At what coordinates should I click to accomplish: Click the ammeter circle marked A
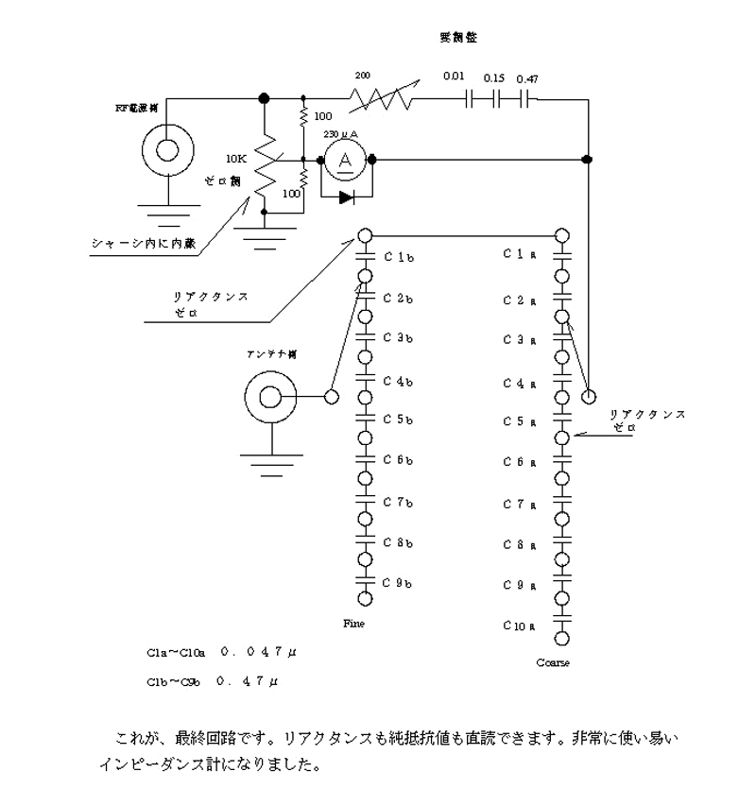[346, 162]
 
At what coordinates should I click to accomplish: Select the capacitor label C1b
[398, 257]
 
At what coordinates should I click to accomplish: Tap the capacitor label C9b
[398, 582]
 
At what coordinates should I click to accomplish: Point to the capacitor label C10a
[521, 625]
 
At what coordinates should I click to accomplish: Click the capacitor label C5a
[521, 421]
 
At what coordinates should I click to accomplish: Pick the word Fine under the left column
[353, 624]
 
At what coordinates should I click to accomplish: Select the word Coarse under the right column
[553, 662]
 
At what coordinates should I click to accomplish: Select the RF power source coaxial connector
[167, 150]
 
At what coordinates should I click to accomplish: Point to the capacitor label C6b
[398, 460]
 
